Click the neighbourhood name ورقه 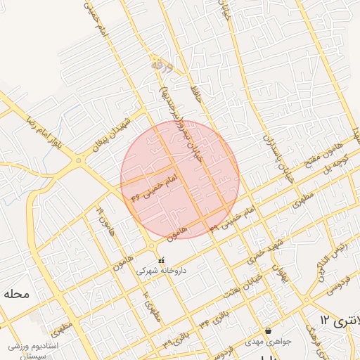click(x=161, y=63)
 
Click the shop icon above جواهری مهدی click(x=268, y=331)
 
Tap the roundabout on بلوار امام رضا click(x=78, y=160)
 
